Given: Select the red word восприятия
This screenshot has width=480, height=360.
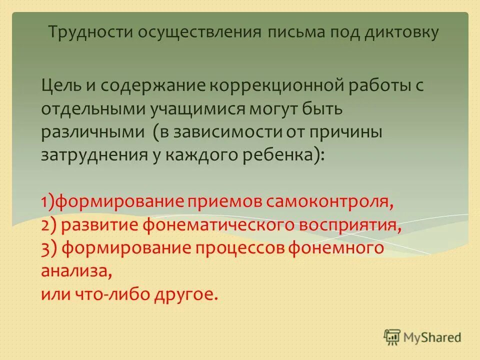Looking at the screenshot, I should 350,225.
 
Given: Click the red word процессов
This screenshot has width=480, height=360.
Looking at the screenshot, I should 238,248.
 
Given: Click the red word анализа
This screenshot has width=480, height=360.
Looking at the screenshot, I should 75,271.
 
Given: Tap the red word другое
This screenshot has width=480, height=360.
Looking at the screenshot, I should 189,294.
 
